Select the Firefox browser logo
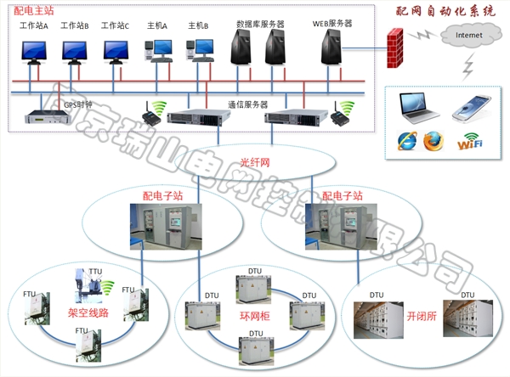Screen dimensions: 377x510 coord(433,140)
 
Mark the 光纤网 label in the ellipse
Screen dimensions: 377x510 coord(253,161)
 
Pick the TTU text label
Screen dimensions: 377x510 coord(94,272)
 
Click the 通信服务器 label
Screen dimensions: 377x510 coord(247,104)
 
